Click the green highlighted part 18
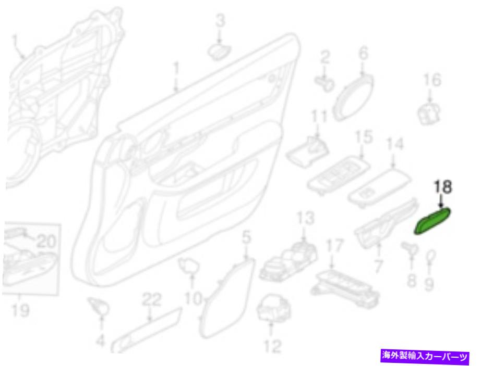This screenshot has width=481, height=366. pyautogui.click(x=432, y=220)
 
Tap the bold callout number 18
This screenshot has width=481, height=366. pyautogui.click(x=442, y=187)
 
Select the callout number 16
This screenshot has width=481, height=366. pyautogui.click(x=432, y=80)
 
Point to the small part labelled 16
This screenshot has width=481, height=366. pyautogui.click(x=429, y=113)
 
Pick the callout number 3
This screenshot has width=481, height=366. pyautogui.click(x=220, y=21)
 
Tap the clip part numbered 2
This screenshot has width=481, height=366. pyautogui.click(x=324, y=83)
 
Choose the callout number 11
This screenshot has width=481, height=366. pyautogui.click(x=319, y=118)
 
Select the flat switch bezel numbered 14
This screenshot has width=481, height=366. pyautogui.click(x=380, y=188)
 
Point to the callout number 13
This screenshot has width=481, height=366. pyautogui.click(x=306, y=218)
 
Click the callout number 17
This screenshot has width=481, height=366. pyautogui.click(x=334, y=246)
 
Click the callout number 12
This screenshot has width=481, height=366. pyautogui.click(x=272, y=346)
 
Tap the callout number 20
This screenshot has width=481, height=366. pyautogui.click(x=46, y=242)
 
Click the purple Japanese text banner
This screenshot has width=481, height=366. pyautogui.click(x=425, y=356)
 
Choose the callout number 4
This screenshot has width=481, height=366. pyautogui.click(x=101, y=340)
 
